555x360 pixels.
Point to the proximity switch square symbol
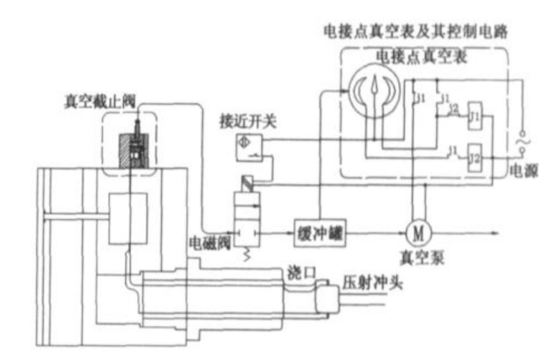pos(245,143)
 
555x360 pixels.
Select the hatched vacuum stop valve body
pos(129,152)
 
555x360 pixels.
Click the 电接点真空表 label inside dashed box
pos(421,57)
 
